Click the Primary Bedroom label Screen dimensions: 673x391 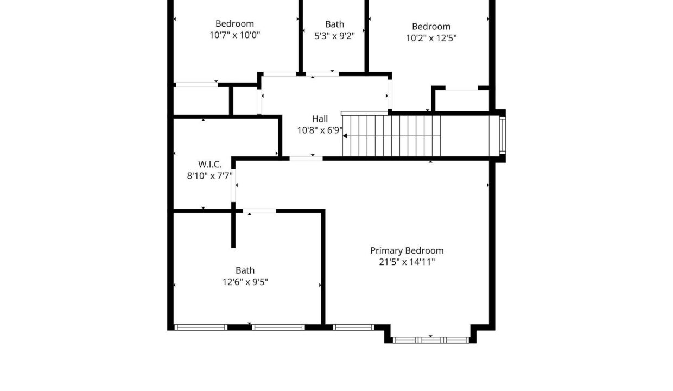tap(407, 251)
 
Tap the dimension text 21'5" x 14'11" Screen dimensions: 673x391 tap(407, 262)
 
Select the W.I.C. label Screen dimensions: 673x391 tap(209, 165)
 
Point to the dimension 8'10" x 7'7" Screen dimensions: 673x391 tap(209, 176)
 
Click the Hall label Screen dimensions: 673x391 tap(320, 119)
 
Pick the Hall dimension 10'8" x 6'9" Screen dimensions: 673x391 tap(320, 130)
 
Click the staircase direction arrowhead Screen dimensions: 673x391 tap(345, 136)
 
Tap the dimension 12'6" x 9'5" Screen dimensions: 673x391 tap(245, 282)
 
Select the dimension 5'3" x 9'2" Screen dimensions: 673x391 tap(334, 36)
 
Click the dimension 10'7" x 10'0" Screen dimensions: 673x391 tap(234, 35)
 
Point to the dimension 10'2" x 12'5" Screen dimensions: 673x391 tap(431, 38)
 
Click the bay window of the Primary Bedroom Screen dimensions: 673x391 tap(430, 340)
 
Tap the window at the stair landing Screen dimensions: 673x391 tap(503, 136)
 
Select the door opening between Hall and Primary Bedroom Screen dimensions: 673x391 tap(306, 159)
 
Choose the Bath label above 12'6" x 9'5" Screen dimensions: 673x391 tap(245, 270)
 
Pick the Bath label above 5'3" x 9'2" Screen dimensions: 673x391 tap(334, 24)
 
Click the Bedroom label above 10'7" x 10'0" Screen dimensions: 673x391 tap(234, 23)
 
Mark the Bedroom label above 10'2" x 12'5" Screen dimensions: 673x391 tap(431, 27)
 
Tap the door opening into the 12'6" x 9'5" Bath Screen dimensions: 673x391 tap(259, 211)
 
